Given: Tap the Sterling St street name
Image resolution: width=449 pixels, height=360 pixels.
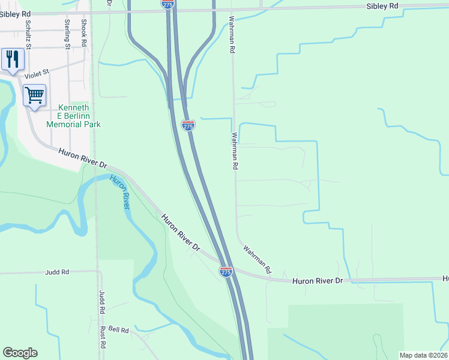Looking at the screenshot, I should pyautogui.click(x=67, y=34).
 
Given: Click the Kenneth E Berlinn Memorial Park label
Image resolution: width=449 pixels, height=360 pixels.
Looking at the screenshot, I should pyautogui.click(x=74, y=115).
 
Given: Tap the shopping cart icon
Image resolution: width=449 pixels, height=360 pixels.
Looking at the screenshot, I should pyautogui.click(x=34, y=95).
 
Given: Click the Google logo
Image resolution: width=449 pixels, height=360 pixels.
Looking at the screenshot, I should pyautogui.click(x=20, y=353).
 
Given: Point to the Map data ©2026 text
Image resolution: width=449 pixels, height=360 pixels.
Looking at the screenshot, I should pyautogui.click(x=423, y=355).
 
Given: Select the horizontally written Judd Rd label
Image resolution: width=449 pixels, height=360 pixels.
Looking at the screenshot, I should pyautogui.click(x=57, y=272).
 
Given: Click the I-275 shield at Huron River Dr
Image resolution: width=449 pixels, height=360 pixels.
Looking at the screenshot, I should pyautogui.click(x=226, y=272).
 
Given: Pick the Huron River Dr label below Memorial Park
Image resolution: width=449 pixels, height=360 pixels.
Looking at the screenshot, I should pyautogui.click(x=82, y=158).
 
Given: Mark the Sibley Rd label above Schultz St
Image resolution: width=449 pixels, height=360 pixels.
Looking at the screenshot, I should pyautogui.click(x=17, y=13).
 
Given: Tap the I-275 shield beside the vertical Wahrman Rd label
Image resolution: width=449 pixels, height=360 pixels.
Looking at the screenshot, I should pyautogui.click(x=188, y=125).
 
